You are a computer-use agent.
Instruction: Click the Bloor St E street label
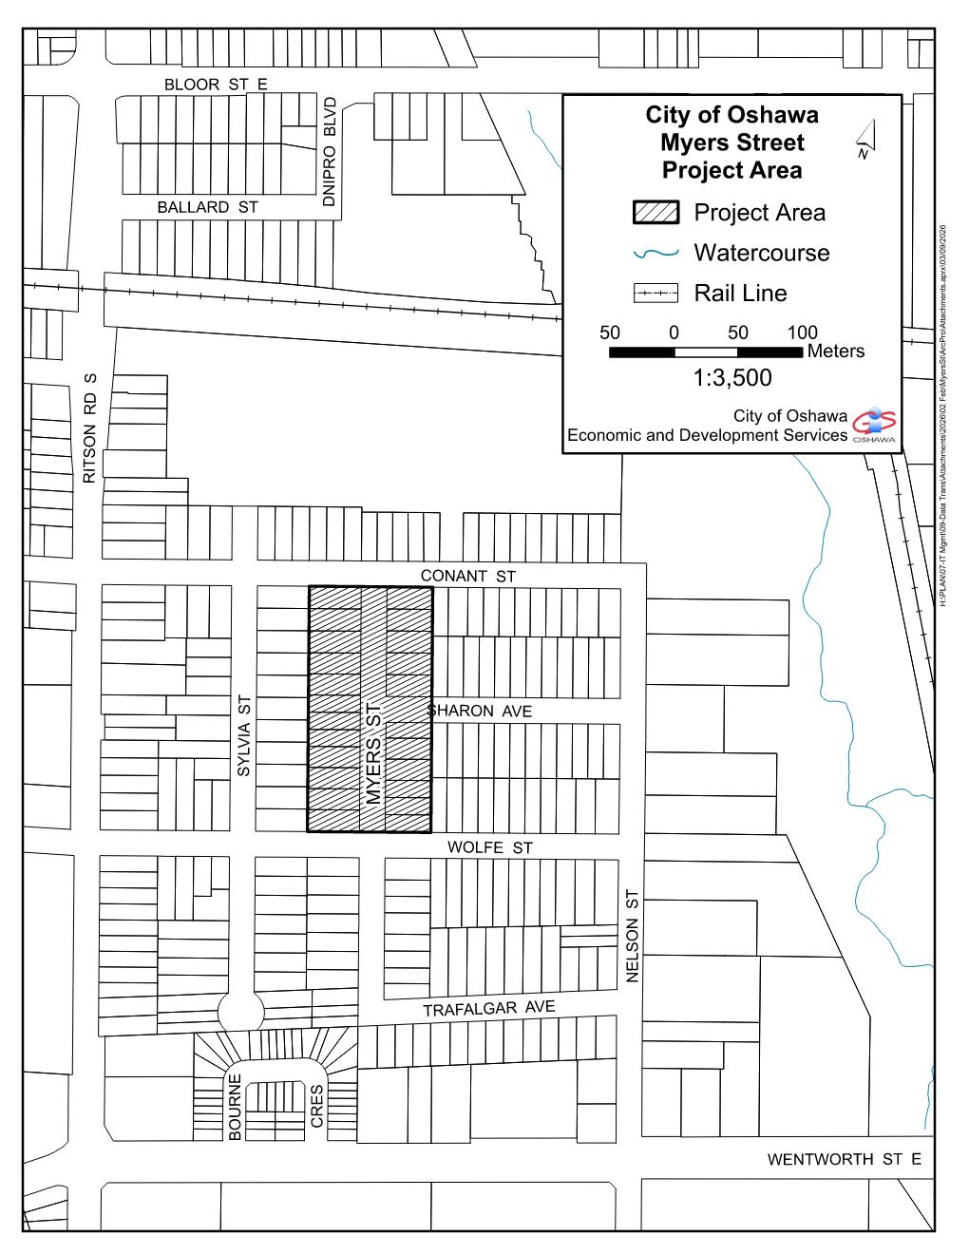tap(216, 85)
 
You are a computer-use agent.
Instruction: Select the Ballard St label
tap(207, 207)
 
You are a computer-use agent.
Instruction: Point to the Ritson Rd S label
tap(91, 427)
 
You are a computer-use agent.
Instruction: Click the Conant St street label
tap(467, 576)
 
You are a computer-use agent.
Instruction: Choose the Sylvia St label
tap(244, 736)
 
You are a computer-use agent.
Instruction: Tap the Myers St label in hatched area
tap(372, 753)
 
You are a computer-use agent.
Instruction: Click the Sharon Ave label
tap(480, 711)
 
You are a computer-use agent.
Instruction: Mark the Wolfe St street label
tap(489, 846)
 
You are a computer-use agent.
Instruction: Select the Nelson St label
tap(634, 936)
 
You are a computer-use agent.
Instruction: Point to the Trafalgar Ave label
tap(488, 1008)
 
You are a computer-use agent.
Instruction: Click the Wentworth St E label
tap(844, 1159)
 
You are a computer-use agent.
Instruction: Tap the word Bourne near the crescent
tap(236, 1107)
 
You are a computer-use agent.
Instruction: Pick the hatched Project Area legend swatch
tap(655, 213)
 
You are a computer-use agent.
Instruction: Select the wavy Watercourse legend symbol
tap(655, 254)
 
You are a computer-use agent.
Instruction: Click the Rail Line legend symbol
tap(655, 294)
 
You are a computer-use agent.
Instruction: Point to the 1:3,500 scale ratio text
tap(732, 378)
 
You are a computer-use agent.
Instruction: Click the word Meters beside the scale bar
tap(836, 351)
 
